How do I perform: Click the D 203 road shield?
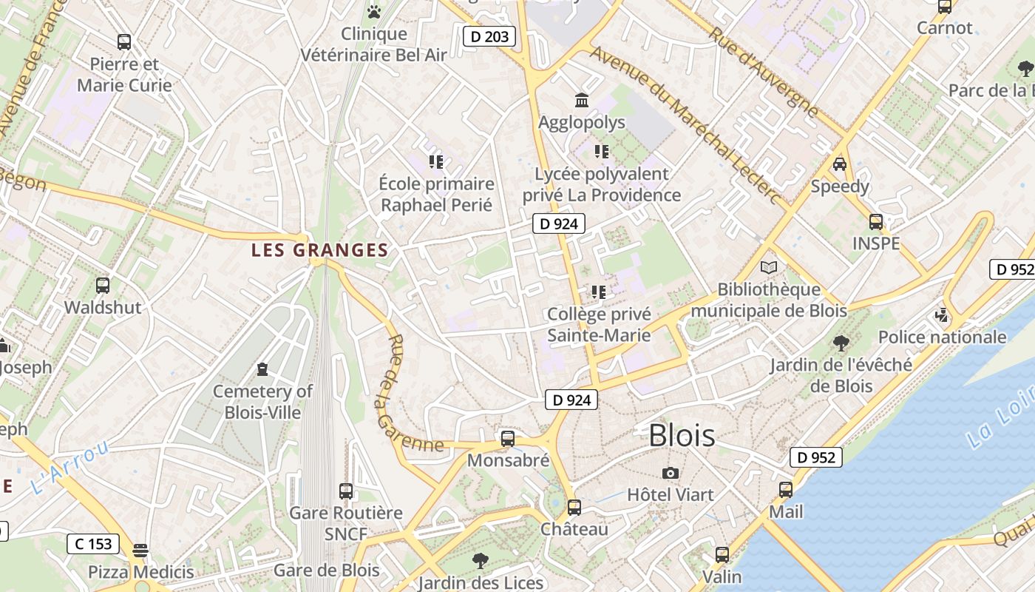pyautogui.click(x=489, y=36)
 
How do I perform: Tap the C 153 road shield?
pyautogui.click(x=94, y=544)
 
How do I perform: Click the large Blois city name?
pyautogui.click(x=682, y=436)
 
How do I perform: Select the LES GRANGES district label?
pyautogui.click(x=319, y=250)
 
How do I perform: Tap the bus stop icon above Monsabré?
pyautogui.click(x=507, y=438)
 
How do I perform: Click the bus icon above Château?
pyautogui.click(x=574, y=508)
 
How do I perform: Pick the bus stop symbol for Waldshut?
pyautogui.click(x=103, y=285)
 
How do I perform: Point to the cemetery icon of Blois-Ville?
pyautogui.click(x=262, y=369)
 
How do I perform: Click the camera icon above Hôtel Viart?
pyautogui.click(x=671, y=473)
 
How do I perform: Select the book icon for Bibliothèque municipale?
pyautogui.click(x=769, y=267)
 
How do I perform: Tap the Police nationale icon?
pyautogui.click(x=942, y=315)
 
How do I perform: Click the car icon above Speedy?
pyautogui.click(x=840, y=164)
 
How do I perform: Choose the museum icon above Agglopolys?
pyautogui.click(x=582, y=100)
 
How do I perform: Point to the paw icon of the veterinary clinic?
pyautogui.click(x=374, y=12)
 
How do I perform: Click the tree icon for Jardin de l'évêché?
pyautogui.click(x=841, y=343)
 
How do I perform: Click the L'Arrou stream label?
pyautogui.click(x=70, y=468)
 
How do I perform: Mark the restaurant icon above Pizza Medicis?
pyautogui.click(x=140, y=550)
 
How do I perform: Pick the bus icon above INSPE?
pyautogui.click(x=876, y=221)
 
